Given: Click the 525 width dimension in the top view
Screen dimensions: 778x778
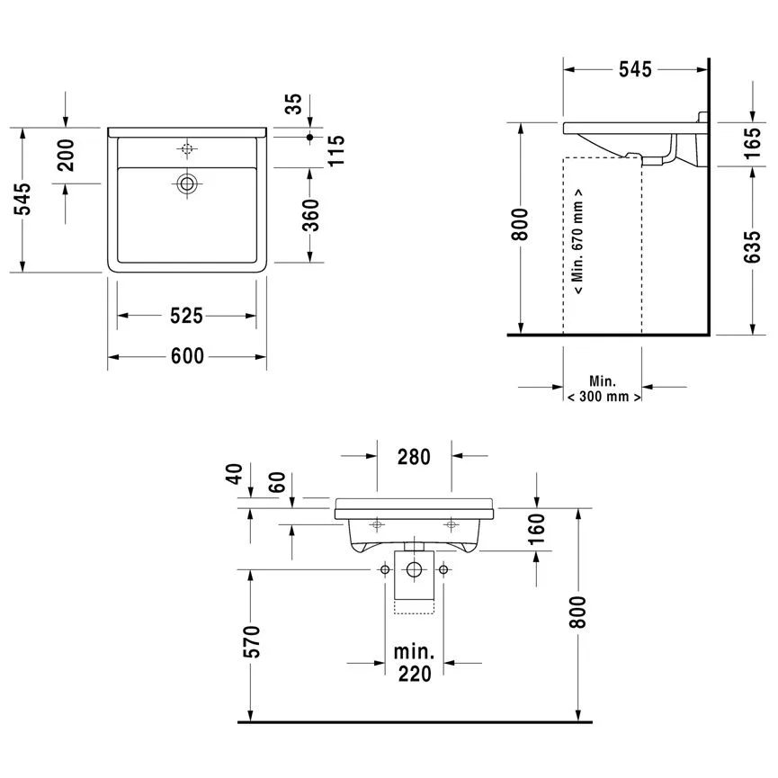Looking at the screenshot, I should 187,316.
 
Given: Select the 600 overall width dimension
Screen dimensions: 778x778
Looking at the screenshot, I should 187,357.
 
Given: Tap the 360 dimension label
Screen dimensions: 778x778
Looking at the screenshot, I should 310,215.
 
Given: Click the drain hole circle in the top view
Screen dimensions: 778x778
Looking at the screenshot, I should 187,183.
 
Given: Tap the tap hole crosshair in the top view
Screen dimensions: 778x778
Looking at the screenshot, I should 187,148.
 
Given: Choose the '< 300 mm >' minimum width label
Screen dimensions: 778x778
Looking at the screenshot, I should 604,396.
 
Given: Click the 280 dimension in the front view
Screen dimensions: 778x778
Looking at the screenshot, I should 414,456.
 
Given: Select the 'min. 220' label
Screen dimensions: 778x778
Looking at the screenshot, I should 414,661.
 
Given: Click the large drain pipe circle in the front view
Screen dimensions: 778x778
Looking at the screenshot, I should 414,569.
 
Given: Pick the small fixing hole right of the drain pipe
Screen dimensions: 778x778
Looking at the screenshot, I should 443,569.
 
